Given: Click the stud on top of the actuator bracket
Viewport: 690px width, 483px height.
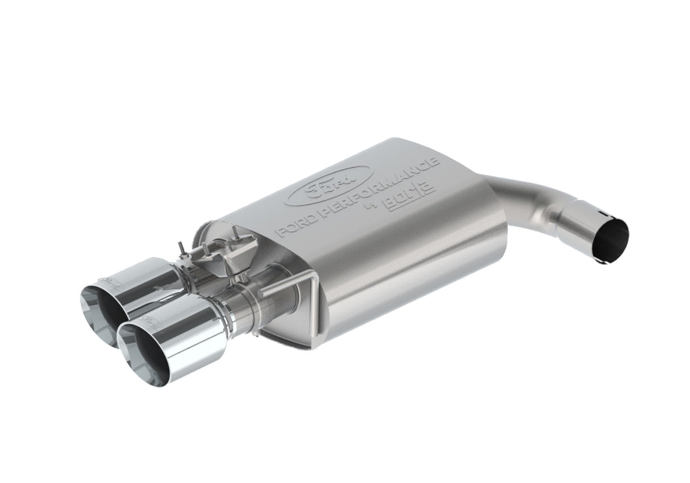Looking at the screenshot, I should click(x=234, y=232).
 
